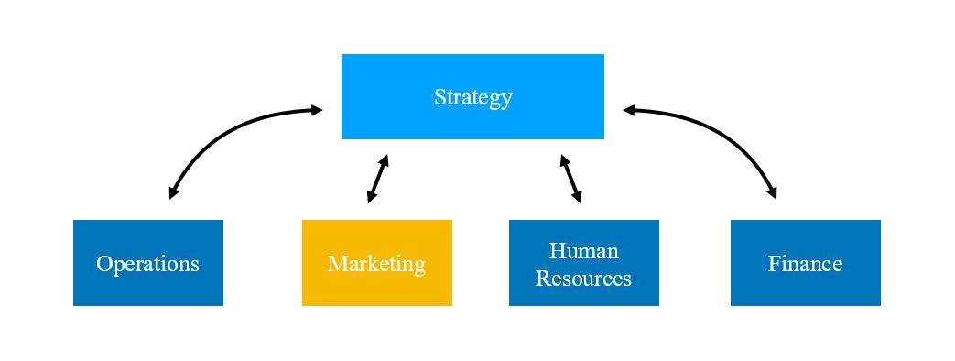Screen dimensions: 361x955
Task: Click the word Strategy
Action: [x=472, y=97]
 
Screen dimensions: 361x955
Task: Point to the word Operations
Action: [x=147, y=264]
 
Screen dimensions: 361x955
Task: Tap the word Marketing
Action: [x=376, y=264]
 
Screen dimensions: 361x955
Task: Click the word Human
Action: [x=583, y=251]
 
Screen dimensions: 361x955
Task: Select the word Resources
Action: [x=583, y=279]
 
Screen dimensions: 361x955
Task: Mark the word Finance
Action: [x=805, y=264]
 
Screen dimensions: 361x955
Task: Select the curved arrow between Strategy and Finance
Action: [x=723, y=130]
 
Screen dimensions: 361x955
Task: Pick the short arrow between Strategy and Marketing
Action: [x=378, y=178]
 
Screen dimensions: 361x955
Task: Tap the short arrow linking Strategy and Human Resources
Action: [x=571, y=178]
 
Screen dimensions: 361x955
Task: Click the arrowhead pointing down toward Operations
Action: [x=172, y=193]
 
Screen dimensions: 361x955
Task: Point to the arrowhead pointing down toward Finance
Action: [x=773, y=193]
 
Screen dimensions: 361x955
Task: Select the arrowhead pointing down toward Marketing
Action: [x=371, y=197]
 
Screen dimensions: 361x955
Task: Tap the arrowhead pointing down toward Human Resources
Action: [x=578, y=197]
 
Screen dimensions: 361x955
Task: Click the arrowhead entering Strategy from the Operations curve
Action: [x=317, y=110]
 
